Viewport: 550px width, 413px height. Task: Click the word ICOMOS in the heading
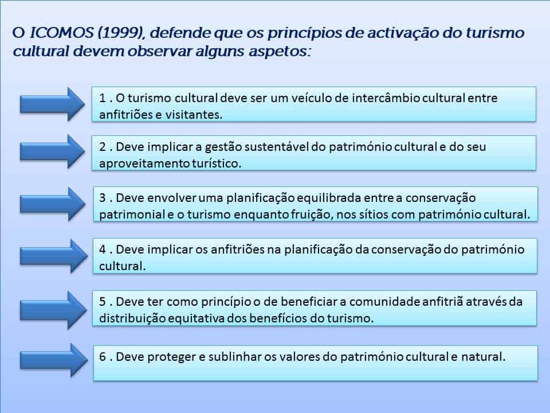tap(62, 33)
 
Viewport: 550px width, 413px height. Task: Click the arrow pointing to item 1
tap(52, 104)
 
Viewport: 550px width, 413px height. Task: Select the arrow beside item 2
tap(52, 151)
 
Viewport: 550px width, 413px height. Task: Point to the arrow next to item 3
tap(53, 204)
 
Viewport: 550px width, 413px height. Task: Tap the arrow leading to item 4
tap(54, 256)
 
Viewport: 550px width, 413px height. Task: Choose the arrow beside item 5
tap(53, 310)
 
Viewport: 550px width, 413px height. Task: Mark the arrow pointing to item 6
tap(54, 360)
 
